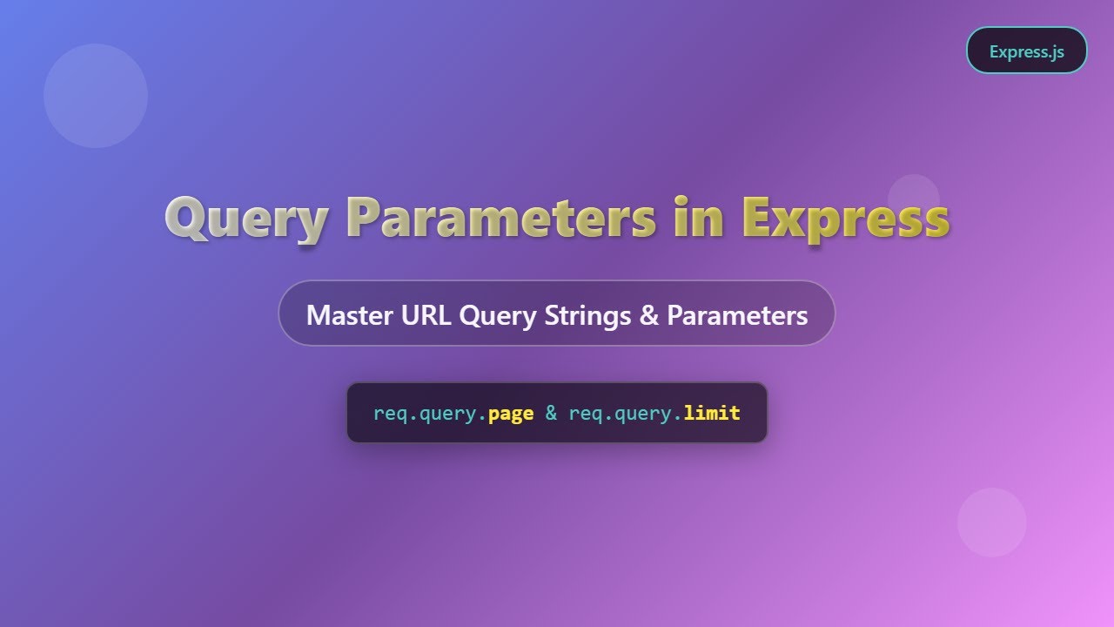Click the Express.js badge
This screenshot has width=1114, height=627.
point(1026,51)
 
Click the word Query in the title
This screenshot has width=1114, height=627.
point(246,218)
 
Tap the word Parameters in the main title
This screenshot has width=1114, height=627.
point(500,218)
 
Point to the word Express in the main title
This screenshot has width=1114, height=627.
point(844,218)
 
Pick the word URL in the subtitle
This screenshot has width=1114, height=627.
point(426,314)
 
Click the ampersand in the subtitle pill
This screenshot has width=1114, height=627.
point(648,314)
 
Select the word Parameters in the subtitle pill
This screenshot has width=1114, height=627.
point(737,314)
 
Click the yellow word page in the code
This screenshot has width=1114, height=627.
point(511,413)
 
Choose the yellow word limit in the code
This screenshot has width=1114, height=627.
point(711,413)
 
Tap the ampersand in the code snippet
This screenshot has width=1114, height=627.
point(551,413)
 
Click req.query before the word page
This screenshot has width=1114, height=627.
point(426,413)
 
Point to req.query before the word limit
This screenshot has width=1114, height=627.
point(622,413)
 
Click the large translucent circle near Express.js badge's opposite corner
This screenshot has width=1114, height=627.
point(96,96)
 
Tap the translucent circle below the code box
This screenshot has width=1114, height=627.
point(992,522)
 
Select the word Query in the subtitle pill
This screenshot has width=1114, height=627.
point(497,314)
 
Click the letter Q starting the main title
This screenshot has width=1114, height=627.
point(185,218)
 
